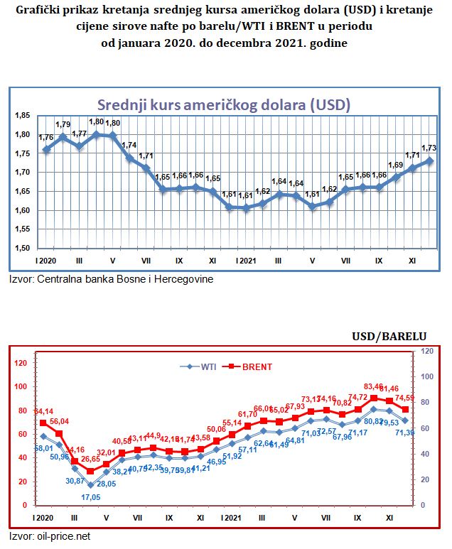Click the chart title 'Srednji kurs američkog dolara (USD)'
tap(223, 104)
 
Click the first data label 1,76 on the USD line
tap(45, 137)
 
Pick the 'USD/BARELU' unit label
tap(389, 336)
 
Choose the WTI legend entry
tap(200, 366)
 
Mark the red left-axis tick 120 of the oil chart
tap(20, 363)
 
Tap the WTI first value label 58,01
tap(43, 449)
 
